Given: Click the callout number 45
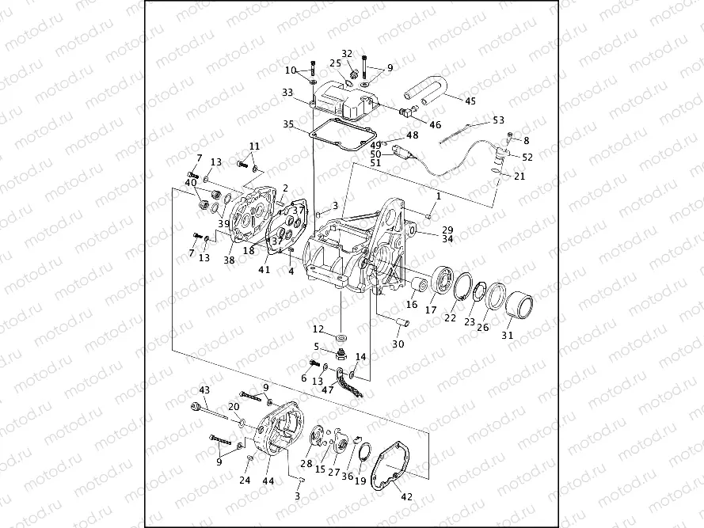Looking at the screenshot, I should click(x=470, y=101).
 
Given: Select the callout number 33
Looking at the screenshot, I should click(x=287, y=92).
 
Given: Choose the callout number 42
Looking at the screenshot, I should click(x=407, y=497).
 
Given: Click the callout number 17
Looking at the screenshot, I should click(x=431, y=310).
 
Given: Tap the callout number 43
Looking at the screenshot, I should click(x=204, y=390).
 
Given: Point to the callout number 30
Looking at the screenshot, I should click(x=398, y=344).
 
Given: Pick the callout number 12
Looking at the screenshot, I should click(x=318, y=329).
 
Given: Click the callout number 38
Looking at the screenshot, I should click(x=229, y=259).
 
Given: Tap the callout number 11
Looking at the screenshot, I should click(x=254, y=146).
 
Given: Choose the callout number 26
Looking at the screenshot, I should click(x=483, y=326).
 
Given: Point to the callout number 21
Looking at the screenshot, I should click(x=519, y=177).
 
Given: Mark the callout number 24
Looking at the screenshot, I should click(x=245, y=481).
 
